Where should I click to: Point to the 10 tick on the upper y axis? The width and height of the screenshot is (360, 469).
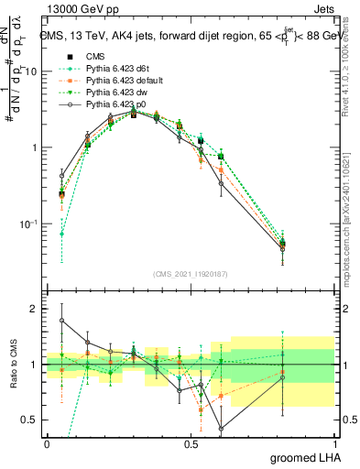tap(32, 71)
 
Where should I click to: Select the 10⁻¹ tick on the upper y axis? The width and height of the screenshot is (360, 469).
tap(30, 224)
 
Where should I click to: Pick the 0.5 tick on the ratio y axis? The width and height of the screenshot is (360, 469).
tap(30, 420)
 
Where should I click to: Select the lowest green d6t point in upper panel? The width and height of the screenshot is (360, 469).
tap(61, 234)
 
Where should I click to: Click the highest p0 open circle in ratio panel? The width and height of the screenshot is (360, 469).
tap(61, 321)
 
